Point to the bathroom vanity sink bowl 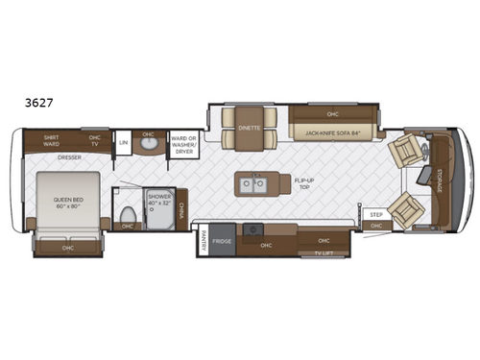148,146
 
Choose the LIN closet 123,143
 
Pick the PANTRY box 203,243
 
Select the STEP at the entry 375,214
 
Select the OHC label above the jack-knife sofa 332,111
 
